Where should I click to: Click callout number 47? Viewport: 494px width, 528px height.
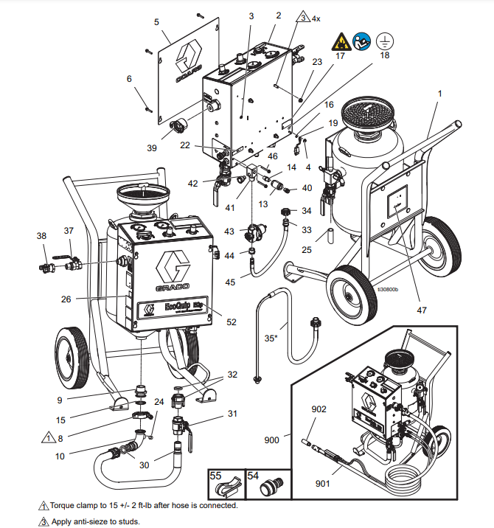(422, 310)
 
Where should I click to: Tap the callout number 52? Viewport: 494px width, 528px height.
(232, 322)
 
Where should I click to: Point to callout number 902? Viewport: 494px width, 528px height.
(318, 409)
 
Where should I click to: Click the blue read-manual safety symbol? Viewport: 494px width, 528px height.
(361, 40)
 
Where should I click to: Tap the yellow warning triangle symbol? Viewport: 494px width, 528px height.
(340, 40)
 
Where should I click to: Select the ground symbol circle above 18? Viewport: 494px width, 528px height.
(383, 40)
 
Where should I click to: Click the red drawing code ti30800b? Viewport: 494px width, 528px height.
(386, 290)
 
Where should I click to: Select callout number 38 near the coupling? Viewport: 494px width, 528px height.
(41, 236)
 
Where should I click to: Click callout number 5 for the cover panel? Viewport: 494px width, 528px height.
(156, 22)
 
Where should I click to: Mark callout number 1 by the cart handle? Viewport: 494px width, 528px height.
(440, 94)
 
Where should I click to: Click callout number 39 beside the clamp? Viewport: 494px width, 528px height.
(152, 147)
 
